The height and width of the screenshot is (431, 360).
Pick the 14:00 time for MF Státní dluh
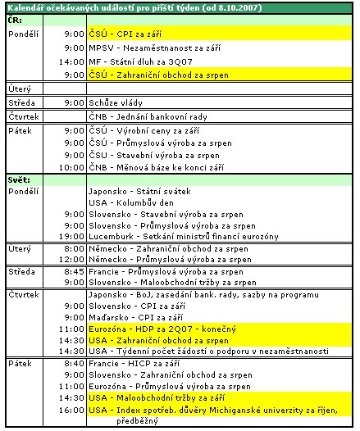pos(73,61)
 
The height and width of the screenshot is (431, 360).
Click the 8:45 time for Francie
pos(75,271)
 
